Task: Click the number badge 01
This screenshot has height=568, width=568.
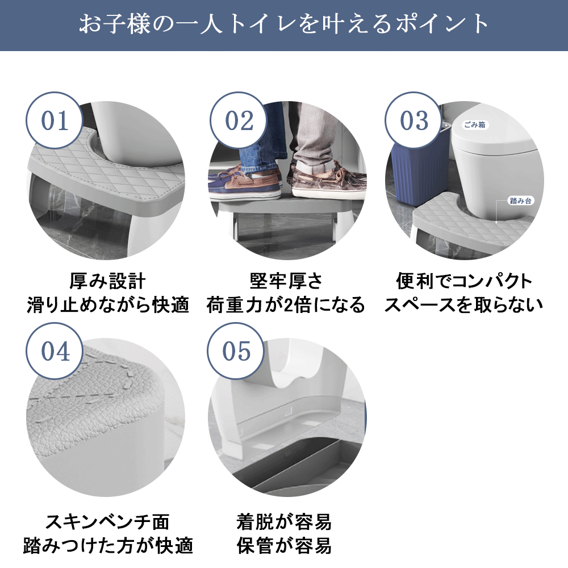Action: [55, 120]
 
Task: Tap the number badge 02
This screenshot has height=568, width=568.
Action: [239, 120]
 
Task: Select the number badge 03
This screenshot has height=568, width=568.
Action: [414, 120]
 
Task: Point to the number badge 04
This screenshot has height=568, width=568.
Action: [55, 351]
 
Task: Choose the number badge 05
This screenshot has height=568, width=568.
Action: [236, 351]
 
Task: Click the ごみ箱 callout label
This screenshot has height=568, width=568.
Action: [475, 124]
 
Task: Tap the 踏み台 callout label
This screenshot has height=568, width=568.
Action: [520, 201]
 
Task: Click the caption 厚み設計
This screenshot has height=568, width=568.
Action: [107, 282]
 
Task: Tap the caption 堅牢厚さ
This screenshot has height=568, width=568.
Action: [286, 282]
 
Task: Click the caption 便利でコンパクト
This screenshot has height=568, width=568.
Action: [464, 282]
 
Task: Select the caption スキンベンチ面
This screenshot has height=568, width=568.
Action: [107, 522]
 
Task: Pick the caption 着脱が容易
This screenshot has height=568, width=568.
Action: [284, 522]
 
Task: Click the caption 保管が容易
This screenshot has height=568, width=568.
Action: [284, 545]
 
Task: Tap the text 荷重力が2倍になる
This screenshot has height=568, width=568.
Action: [286, 304]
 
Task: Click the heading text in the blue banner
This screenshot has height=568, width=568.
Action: [284, 24]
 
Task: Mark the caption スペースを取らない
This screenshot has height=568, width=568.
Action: [463, 304]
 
